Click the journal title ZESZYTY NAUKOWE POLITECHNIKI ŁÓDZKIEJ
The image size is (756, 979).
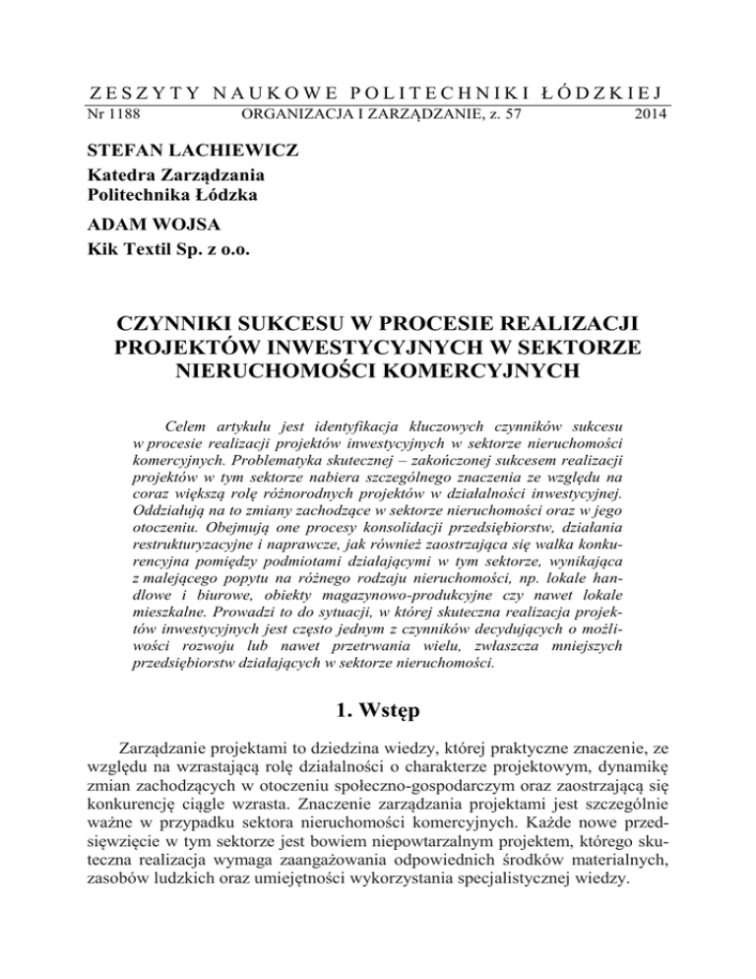tap(378, 93)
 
